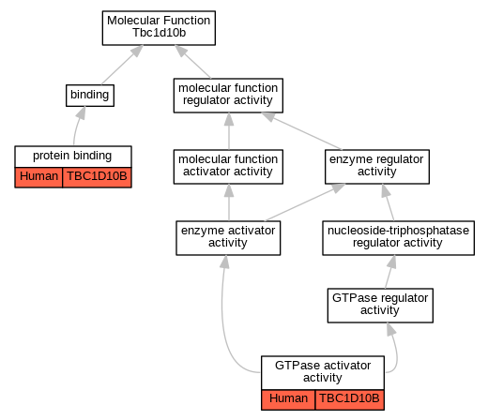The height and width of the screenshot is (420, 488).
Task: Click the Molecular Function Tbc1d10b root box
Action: (159, 28)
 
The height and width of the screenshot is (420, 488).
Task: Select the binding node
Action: (90, 96)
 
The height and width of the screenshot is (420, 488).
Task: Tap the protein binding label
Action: (72, 156)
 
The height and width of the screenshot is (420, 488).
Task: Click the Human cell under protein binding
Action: (38, 177)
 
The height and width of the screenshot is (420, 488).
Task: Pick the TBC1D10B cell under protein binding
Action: (97, 177)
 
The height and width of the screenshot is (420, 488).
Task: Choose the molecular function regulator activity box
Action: (228, 96)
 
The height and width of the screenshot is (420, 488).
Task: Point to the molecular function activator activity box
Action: (228, 167)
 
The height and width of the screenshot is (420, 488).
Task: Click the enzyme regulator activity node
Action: (377, 167)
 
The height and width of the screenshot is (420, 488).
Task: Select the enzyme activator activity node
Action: (228, 238)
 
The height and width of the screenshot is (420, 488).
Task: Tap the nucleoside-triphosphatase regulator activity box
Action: (399, 238)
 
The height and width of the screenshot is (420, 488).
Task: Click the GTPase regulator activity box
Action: (380, 306)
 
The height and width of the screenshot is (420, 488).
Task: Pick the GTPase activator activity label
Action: (323, 371)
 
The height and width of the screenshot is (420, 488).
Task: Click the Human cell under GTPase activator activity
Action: (288, 399)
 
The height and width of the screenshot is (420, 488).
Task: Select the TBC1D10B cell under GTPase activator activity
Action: (350, 399)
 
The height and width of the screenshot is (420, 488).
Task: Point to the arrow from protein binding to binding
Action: (77, 125)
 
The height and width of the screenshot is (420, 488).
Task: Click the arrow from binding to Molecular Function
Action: (122, 65)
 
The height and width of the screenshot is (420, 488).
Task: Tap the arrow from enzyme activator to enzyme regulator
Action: (305, 202)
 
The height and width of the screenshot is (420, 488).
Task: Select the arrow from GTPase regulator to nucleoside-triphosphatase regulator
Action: (389, 272)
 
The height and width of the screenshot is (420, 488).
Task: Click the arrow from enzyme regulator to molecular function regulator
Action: (301, 131)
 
